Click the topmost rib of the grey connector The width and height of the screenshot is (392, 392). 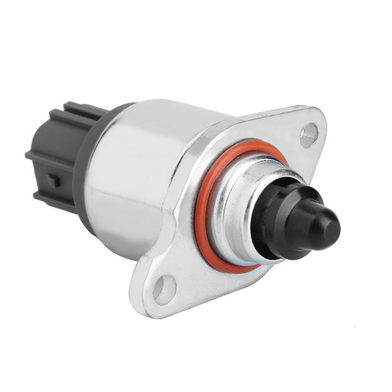tap(78, 108)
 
